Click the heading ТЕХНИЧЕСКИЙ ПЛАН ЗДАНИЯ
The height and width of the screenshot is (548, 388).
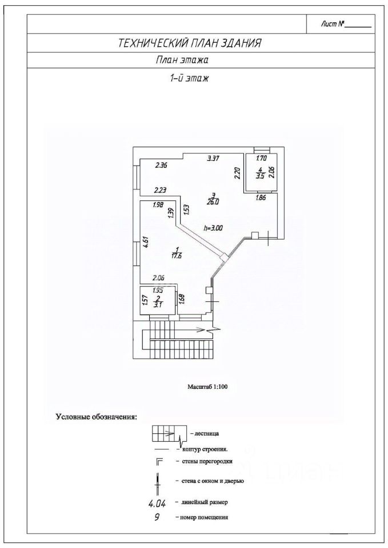pyautogui.click(x=190, y=43)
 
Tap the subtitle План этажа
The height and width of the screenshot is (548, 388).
pyautogui.click(x=182, y=60)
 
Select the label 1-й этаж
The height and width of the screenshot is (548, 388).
pyautogui.click(x=189, y=78)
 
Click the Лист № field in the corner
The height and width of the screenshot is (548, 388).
pyautogui.click(x=345, y=24)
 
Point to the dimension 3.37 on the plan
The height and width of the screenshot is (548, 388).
pyautogui.click(x=213, y=159)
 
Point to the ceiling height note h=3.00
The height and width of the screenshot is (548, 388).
pyautogui.click(x=213, y=228)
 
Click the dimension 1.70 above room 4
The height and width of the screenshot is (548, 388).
pyautogui.click(x=261, y=158)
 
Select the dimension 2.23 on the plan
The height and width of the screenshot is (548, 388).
pyautogui.click(x=160, y=191)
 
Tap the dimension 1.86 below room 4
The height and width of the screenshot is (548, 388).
pyautogui.click(x=261, y=198)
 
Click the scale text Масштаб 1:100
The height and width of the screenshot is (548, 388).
pyautogui.click(x=208, y=387)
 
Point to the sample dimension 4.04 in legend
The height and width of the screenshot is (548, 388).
pyautogui.click(x=157, y=503)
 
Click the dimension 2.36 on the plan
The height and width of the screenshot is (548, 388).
pyautogui.click(x=161, y=166)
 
